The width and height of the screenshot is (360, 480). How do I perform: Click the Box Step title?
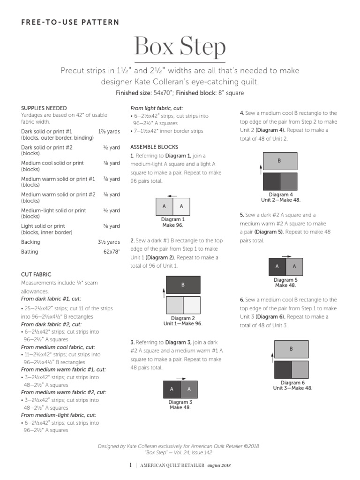180,47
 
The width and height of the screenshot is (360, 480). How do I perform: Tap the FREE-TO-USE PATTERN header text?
70,22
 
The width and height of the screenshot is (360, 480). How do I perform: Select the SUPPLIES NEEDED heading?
44,108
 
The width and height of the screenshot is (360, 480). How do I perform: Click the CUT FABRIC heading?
36,274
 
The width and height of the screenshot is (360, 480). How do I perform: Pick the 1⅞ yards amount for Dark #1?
109,132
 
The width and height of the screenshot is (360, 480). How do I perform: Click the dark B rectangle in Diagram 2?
183,285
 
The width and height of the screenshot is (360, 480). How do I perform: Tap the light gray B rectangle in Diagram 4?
280,161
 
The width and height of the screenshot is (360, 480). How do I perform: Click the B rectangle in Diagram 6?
291,349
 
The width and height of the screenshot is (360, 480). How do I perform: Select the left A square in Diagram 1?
165,206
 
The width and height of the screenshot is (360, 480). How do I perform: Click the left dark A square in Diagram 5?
277,267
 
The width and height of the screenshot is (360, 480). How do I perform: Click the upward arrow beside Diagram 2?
163,293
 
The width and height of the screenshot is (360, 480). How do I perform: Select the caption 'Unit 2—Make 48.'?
281,200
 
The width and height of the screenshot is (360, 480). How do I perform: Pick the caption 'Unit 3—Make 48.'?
292,388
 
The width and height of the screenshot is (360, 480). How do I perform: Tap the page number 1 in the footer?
130,465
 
